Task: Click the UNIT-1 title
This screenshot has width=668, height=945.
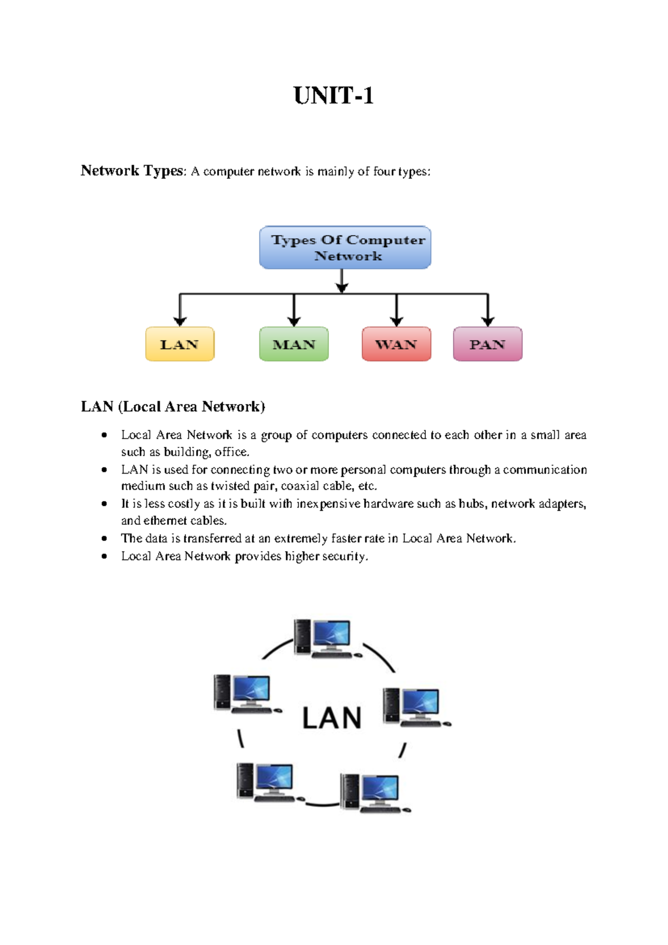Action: point(333,96)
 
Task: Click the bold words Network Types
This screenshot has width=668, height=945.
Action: point(132,171)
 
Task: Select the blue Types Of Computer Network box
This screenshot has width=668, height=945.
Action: point(345,247)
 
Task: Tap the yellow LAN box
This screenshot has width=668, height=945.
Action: point(180,344)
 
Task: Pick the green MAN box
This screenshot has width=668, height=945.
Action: point(294,344)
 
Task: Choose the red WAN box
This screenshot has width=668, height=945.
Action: point(396,344)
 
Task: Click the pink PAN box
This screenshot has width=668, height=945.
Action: point(488,344)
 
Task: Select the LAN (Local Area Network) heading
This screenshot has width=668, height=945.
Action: point(173,407)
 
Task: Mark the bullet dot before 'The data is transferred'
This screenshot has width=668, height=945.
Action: point(104,538)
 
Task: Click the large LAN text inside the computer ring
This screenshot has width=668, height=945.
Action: point(332,718)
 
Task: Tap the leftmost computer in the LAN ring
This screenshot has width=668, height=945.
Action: point(246,694)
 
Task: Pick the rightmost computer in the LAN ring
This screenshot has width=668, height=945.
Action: point(415,707)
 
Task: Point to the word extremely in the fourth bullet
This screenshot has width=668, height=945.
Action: point(301,538)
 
